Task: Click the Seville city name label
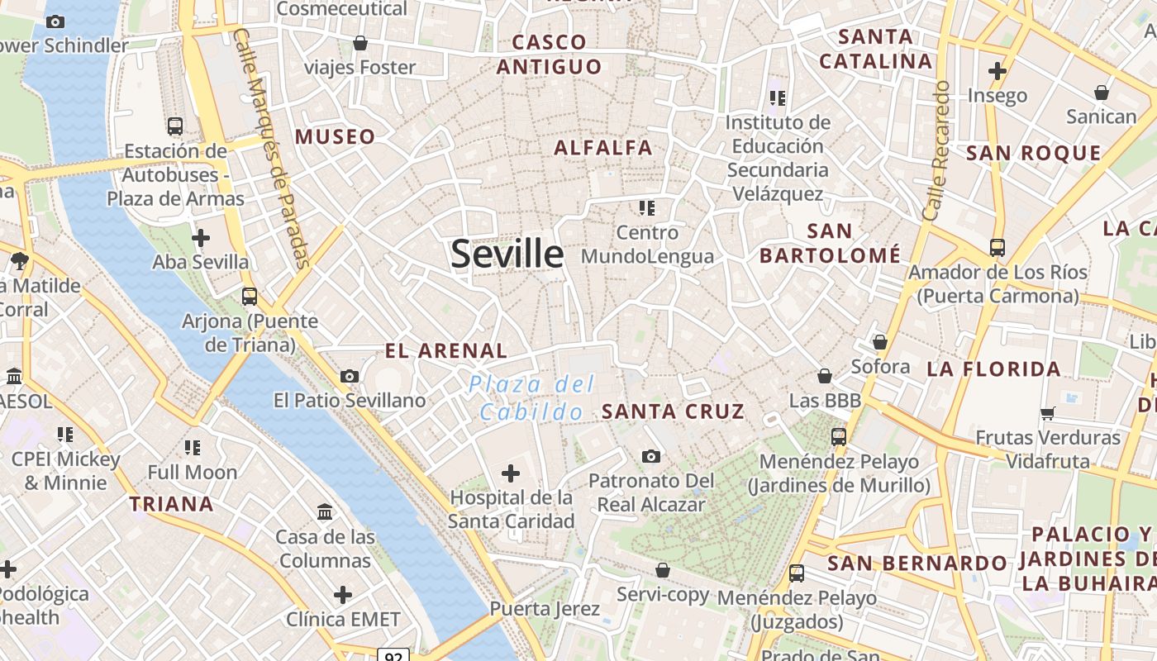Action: pos(507,254)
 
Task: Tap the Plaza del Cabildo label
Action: pos(531,397)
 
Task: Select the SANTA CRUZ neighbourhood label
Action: pos(673,411)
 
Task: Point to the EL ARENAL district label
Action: pos(446,350)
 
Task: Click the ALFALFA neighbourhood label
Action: pos(603,148)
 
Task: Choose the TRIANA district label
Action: pos(171,503)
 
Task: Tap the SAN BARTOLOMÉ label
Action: pos(830,243)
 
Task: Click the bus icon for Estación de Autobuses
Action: pos(175,126)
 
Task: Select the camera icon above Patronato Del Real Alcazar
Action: pos(651,456)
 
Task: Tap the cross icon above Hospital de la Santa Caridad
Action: pos(511,473)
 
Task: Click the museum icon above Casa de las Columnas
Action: pos(325,513)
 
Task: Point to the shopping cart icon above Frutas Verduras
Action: pos(1048,413)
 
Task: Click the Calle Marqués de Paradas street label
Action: pos(272,149)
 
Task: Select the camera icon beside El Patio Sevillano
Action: pos(350,377)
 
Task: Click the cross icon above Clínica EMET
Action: pos(343,595)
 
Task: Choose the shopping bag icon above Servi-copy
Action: pos(663,570)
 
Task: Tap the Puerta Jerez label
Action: pos(545,609)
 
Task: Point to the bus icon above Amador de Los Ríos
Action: pos(997,247)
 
